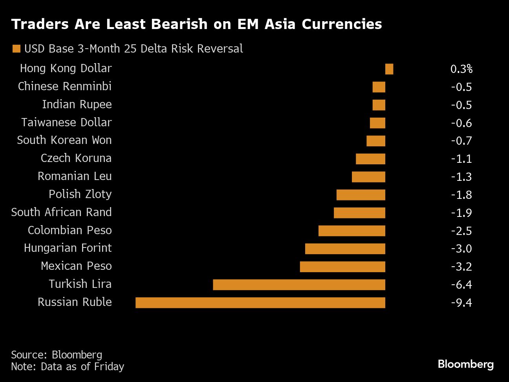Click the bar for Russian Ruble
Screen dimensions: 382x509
pyautogui.click(x=260, y=302)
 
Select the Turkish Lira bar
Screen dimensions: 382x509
pyautogui.click(x=299, y=284)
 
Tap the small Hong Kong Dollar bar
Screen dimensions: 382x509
pyautogui.click(x=389, y=69)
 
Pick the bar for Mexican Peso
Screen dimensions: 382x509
pyautogui.click(x=342, y=266)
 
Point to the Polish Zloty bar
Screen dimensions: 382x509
pyautogui.click(x=361, y=195)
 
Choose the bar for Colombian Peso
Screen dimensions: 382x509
pyautogui.click(x=352, y=231)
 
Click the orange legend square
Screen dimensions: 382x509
pyautogui.click(x=16, y=49)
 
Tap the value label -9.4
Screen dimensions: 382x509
pyautogui.click(x=461, y=302)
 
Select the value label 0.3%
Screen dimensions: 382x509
pyautogui.click(x=461, y=69)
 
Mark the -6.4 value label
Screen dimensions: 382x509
pyautogui.click(x=461, y=284)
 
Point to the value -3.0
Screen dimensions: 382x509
pyautogui.click(x=461, y=249)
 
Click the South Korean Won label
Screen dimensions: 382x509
pyautogui.click(x=64, y=140)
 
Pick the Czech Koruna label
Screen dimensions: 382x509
pyautogui.click(x=76, y=158)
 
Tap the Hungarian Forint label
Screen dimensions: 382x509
pyautogui.click(x=68, y=248)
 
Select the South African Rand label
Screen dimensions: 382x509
pyautogui.click(x=61, y=212)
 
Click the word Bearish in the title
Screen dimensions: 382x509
pyautogui.click(x=179, y=24)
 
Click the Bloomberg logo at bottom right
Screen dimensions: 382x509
pyautogui.click(x=465, y=364)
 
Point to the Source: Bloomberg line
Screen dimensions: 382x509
pyautogui.click(x=57, y=355)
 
